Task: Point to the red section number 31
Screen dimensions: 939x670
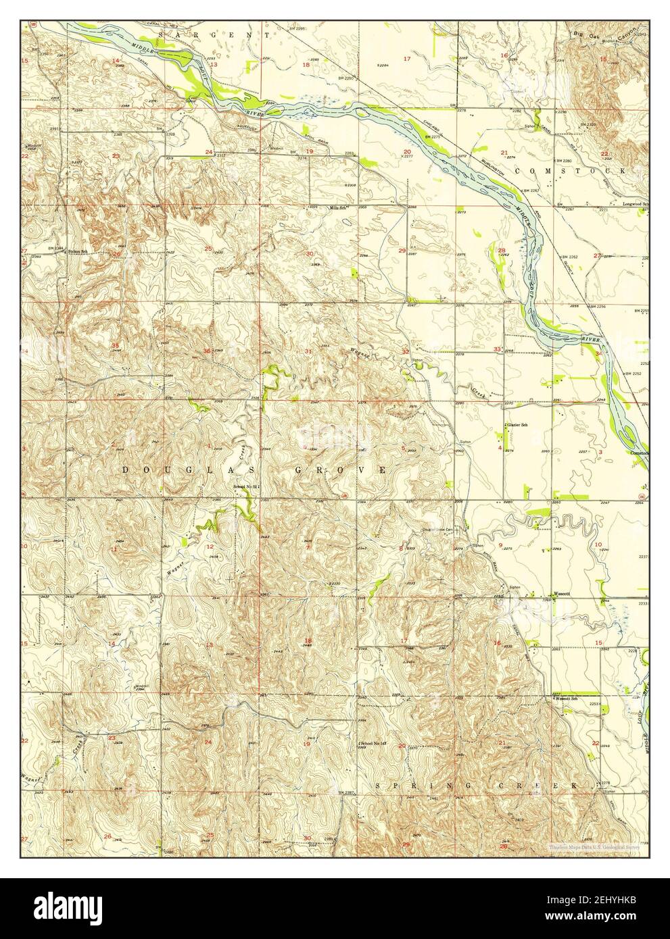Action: pos(308,351)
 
